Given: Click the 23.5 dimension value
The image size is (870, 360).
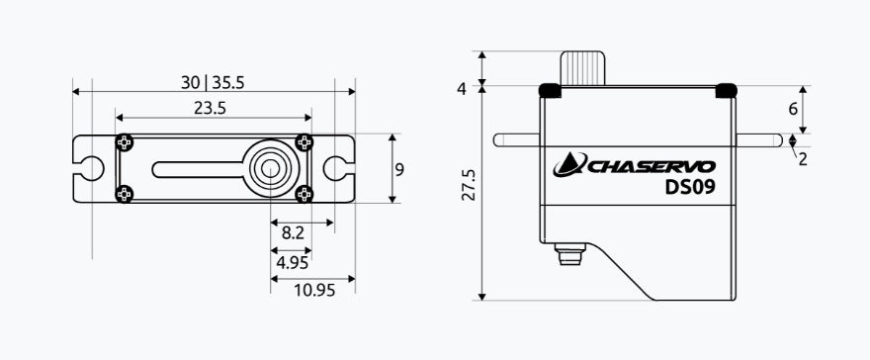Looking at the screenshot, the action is click(x=210, y=108).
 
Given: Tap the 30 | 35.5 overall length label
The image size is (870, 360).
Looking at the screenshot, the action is click(x=213, y=83).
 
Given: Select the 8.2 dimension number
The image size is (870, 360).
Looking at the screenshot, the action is click(x=293, y=233).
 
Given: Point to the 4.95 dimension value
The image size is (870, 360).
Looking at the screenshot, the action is click(x=292, y=262).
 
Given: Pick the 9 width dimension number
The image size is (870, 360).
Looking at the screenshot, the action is click(x=399, y=169).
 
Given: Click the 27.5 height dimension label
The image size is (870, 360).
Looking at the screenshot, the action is click(x=469, y=185).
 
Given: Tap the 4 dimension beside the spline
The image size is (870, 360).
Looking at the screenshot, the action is click(x=462, y=89).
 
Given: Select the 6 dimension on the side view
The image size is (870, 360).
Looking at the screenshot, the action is click(x=793, y=109).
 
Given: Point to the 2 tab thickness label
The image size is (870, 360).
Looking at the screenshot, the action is click(x=803, y=160).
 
